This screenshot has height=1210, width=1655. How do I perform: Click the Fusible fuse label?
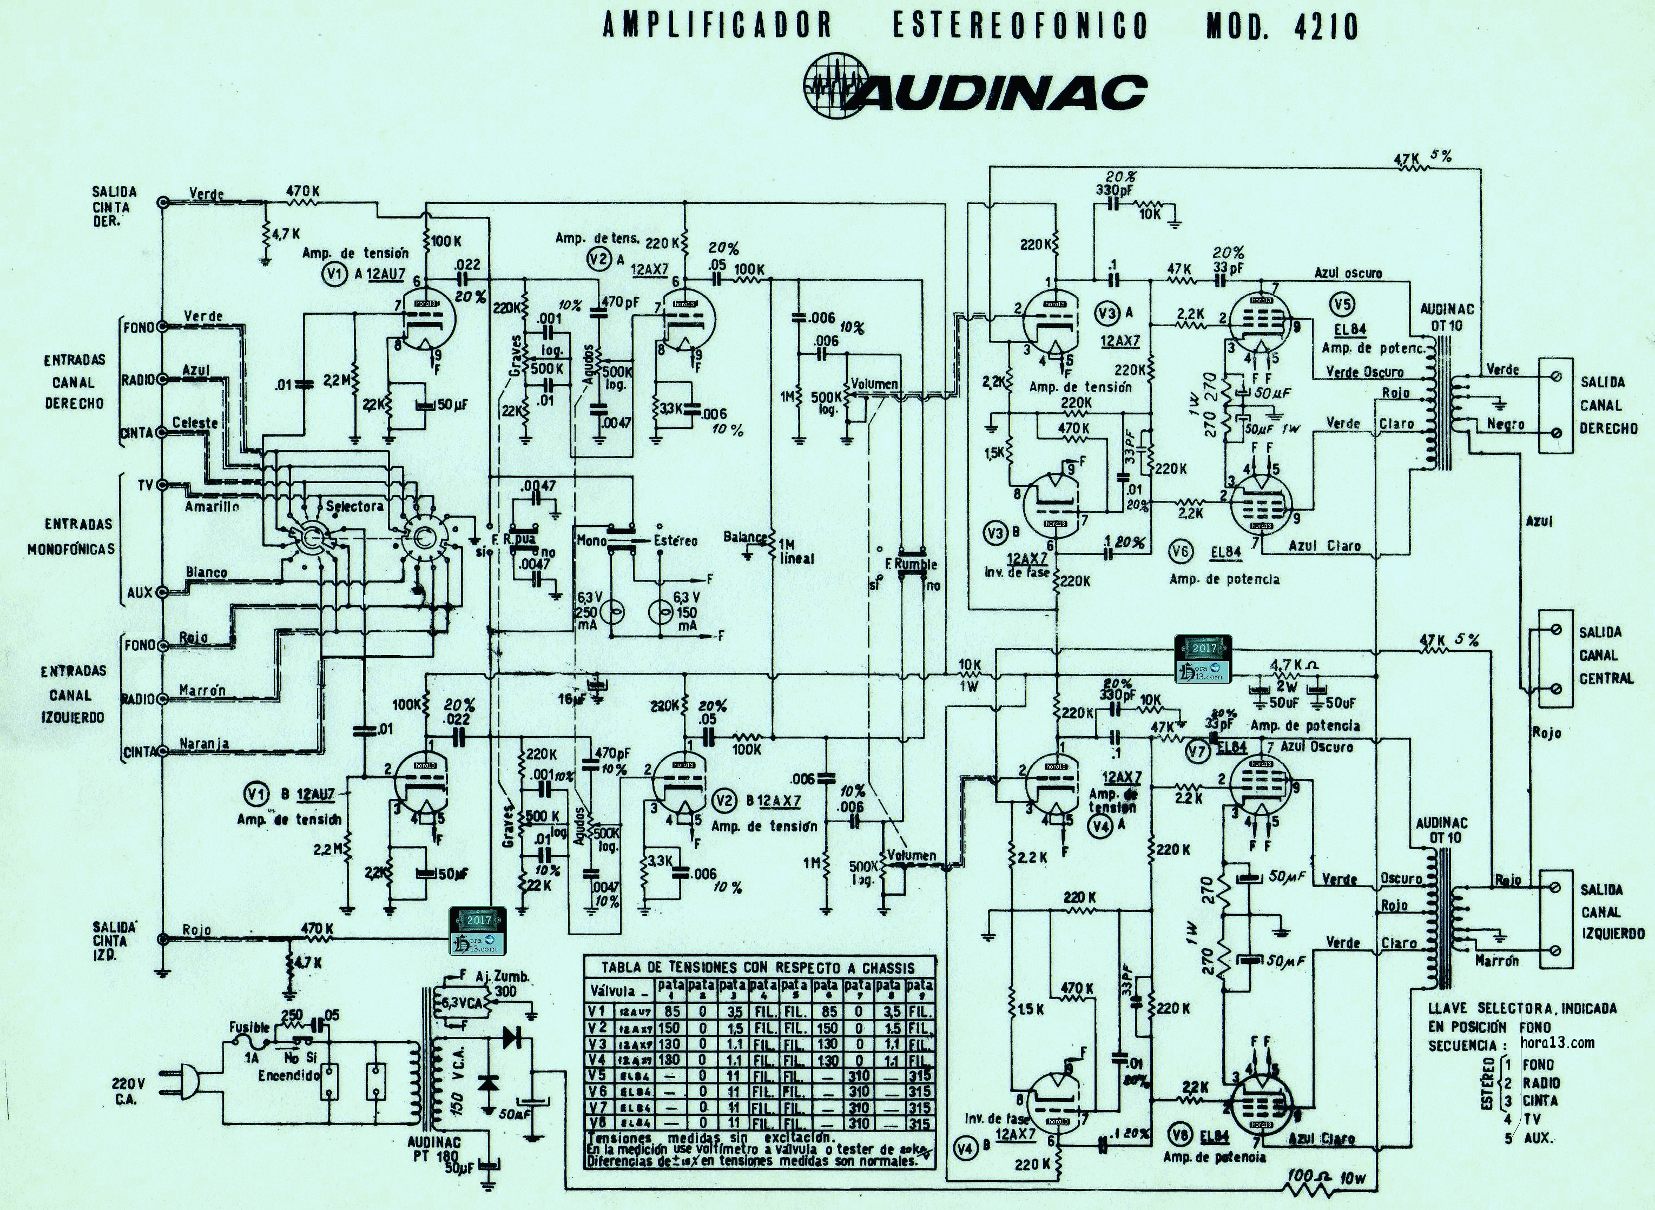point(249,1028)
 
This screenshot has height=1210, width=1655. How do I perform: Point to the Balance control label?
point(745,537)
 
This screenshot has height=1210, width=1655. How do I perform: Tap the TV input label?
point(145,485)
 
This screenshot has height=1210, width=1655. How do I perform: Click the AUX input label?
point(139,592)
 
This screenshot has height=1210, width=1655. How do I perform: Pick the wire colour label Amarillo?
point(212,506)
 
